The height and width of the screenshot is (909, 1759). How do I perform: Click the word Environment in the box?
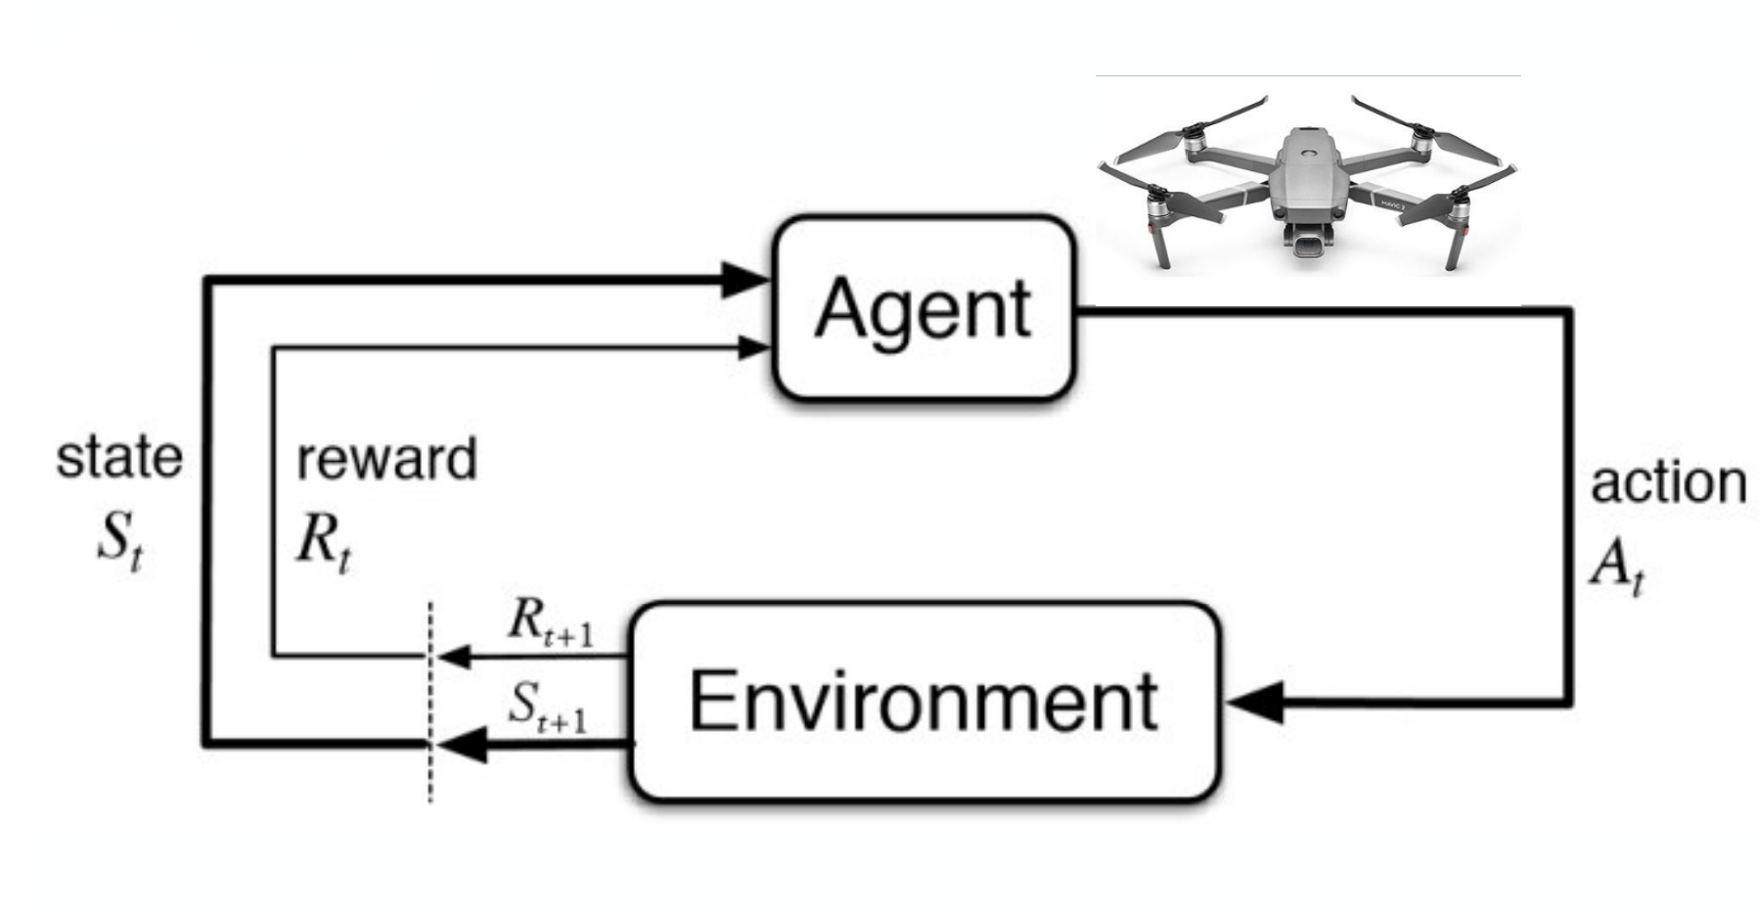[x=924, y=701]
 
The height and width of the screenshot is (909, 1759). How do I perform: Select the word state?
[x=119, y=458]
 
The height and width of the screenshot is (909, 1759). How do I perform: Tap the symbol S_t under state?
[x=119, y=545]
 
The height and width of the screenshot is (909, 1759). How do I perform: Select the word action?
[x=1668, y=483]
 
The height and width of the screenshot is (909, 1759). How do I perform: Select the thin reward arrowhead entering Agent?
[x=752, y=345]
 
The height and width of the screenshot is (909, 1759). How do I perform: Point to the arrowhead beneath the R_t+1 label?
[x=454, y=657]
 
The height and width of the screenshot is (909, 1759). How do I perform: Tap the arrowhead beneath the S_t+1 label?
[x=460, y=744]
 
